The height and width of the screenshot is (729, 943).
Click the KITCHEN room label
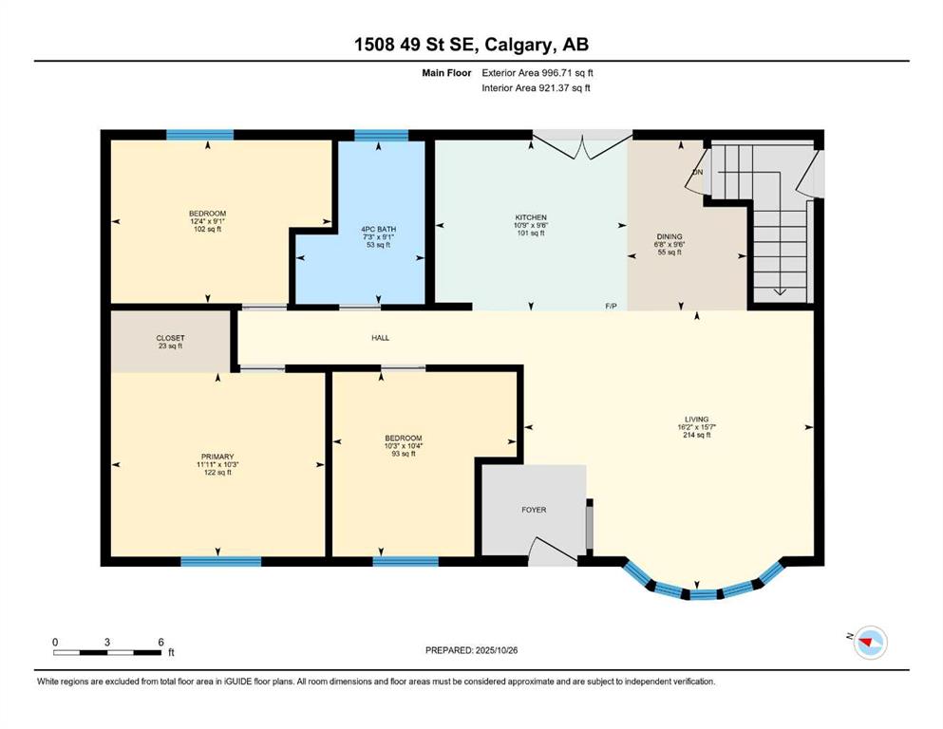click(x=531, y=217)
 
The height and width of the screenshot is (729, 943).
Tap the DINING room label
click(x=670, y=236)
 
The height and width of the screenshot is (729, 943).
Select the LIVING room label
click(x=696, y=420)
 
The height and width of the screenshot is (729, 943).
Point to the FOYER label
click(x=534, y=510)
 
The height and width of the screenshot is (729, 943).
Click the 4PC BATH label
click(x=378, y=230)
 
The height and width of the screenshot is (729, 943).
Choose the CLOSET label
click(x=170, y=338)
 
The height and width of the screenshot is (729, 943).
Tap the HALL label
click(x=380, y=338)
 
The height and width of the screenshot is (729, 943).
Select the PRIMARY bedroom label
click(x=217, y=457)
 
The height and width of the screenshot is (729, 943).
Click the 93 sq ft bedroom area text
click(x=404, y=454)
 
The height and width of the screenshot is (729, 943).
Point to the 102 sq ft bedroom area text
click(x=207, y=229)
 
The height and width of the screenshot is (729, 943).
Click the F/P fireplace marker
click(x=611, y=307)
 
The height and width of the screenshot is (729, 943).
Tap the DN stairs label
click(x=698, y=173)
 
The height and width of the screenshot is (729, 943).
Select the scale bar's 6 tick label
click(x=160, y=643)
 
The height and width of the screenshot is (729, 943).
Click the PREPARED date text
click(x=471, y=650)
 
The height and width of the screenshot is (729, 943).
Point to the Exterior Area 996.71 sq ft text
click(x=538, y=73)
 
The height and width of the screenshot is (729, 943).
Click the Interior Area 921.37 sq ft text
click(x=536, y=87)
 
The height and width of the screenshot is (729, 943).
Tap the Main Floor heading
click(x=446, y=73)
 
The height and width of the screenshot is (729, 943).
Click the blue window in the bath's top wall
click(x=382, y=135)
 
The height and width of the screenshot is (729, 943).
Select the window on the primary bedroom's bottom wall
click(x=220, y=561)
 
